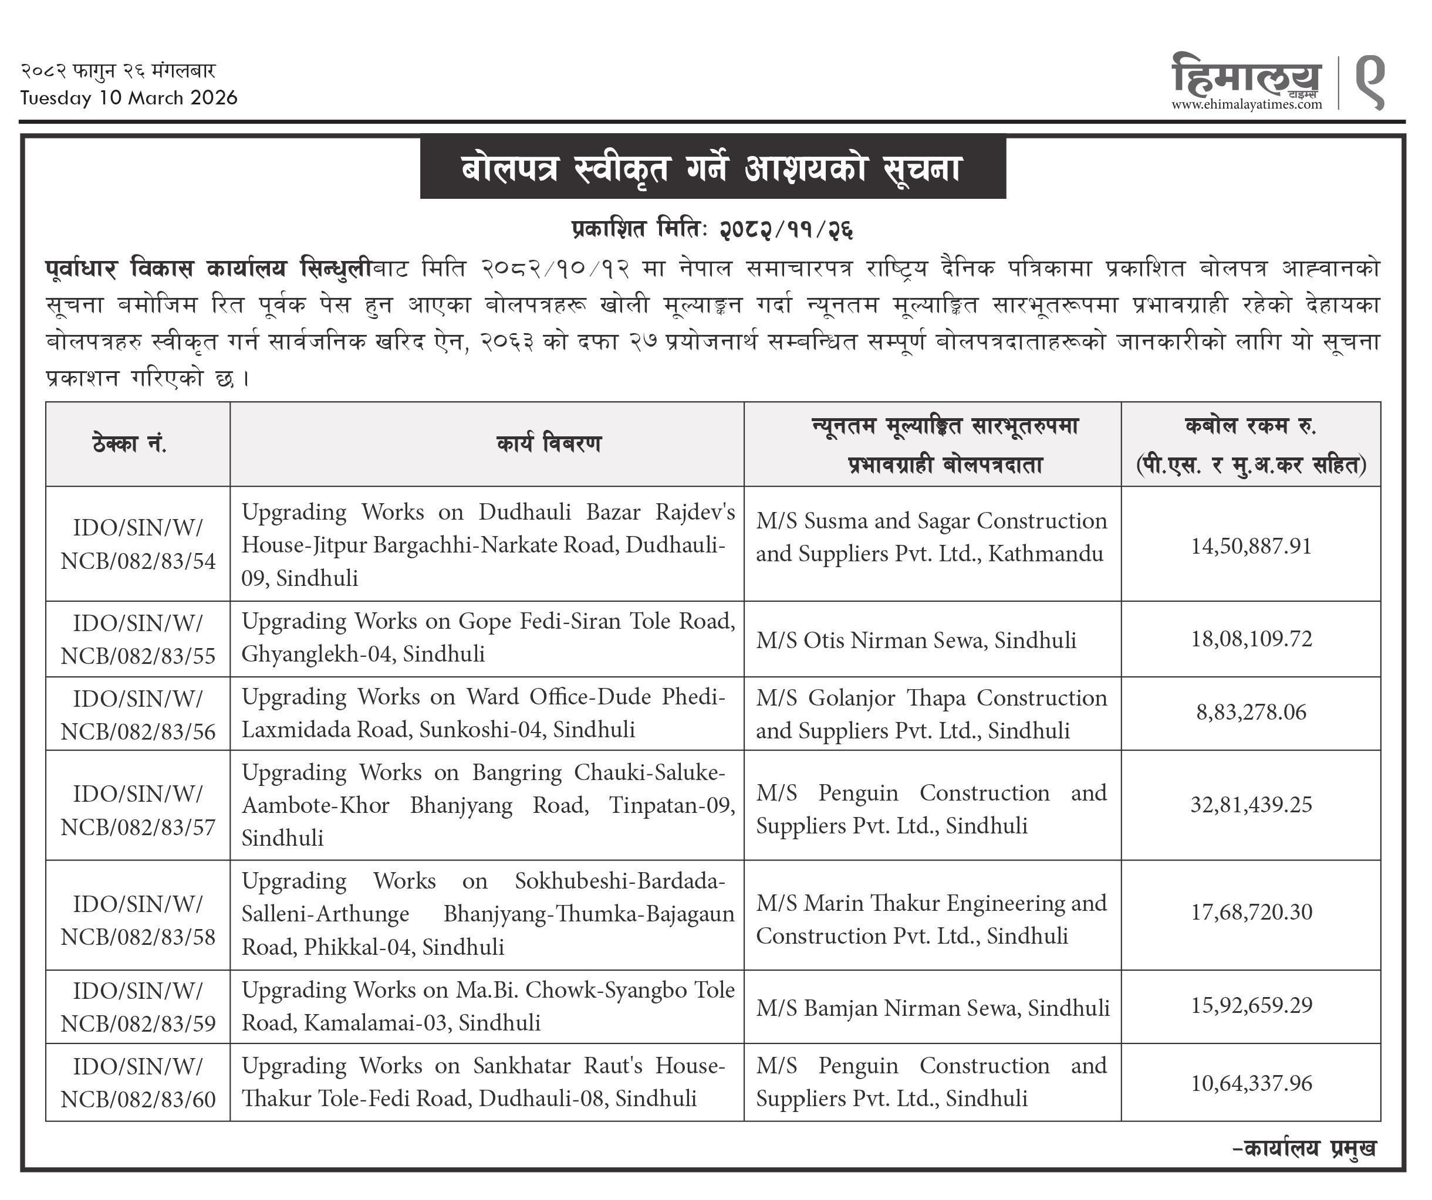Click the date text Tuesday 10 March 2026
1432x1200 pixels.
(x=129, y=98)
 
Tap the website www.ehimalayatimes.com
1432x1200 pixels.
(x=1247, y=104)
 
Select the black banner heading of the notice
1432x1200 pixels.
(x=712, y=168)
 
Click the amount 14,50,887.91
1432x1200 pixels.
(x=1251, y=547)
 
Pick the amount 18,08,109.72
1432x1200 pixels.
(x=1251, y=639)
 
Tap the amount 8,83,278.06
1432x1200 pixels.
(x=1251, y=713)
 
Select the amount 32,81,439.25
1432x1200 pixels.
(x=1251, y=805)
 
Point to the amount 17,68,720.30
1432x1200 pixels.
(x=1251, y=913)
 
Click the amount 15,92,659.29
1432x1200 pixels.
(x=1251, y=1006)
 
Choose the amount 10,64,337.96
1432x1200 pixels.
(x=1251, y=1083)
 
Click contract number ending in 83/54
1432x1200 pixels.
(x=138, y=545)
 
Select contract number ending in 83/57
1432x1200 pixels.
(x=138, y=811)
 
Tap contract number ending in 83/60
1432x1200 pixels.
(x=138, y=1083)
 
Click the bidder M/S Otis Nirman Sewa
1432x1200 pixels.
(x=916, y=640)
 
